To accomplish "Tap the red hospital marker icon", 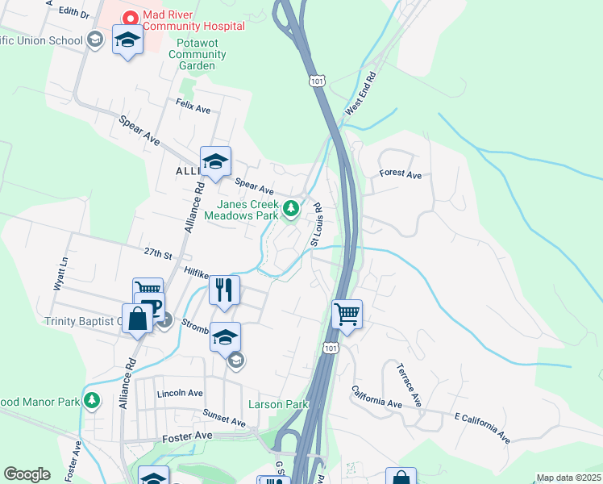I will tap(129, 16).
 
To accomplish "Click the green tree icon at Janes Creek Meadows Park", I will tap(292, 210).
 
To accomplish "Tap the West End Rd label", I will tap(360, 95).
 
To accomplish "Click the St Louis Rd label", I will tap(316, 224).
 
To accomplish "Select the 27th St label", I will tap(158, 254).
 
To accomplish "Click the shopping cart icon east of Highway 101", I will tap(347, 313).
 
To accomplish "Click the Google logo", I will tap(27, 474).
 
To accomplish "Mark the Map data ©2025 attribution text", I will tap(568, 478).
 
